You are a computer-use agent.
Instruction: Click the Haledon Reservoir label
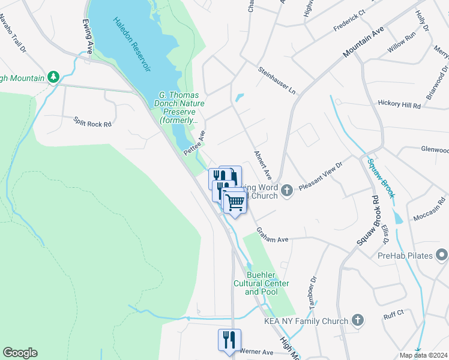tap(130, 45)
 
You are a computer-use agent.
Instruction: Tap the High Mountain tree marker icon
tap(53, 77)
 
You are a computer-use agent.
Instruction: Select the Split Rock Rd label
tap(92, 122)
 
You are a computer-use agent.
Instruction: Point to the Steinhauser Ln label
tap(277, 80)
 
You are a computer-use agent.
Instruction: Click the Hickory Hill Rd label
tap(399, 104)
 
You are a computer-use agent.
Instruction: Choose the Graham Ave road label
tap(273, 235)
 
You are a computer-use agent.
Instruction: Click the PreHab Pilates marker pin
tap(442, 256)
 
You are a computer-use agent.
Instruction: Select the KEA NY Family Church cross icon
tap(358, 320)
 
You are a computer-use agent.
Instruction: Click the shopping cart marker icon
tap(235, 202)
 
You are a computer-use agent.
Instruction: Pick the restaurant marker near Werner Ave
tap(229, 340)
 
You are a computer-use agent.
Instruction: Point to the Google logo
tap(20, 353)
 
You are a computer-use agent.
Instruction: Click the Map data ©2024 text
tap(424, 355)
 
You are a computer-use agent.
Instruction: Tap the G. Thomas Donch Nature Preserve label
tap(178, 107)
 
